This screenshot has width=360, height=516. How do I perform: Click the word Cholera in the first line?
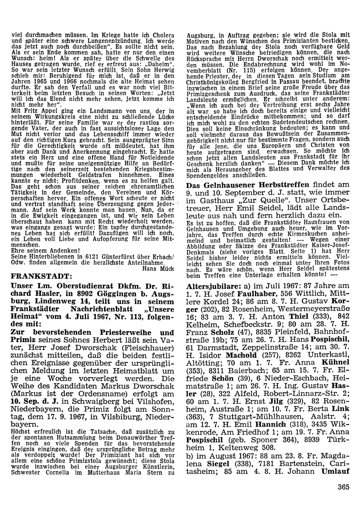[x=162, y=35]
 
